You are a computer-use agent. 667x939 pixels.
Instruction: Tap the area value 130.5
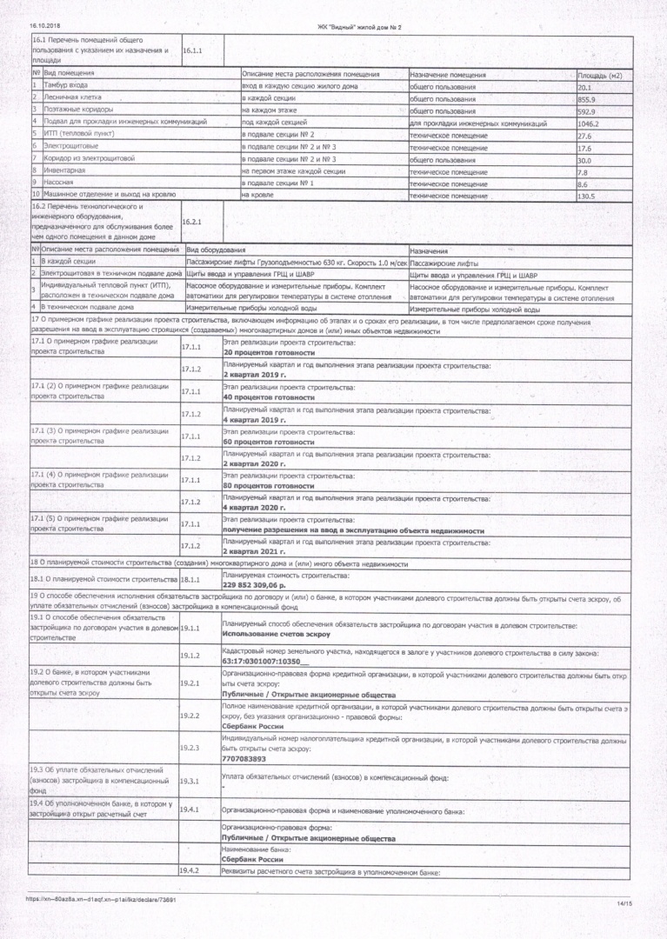(x=589, y=196)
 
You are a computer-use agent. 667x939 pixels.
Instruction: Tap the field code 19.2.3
(x=190, y=747)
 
